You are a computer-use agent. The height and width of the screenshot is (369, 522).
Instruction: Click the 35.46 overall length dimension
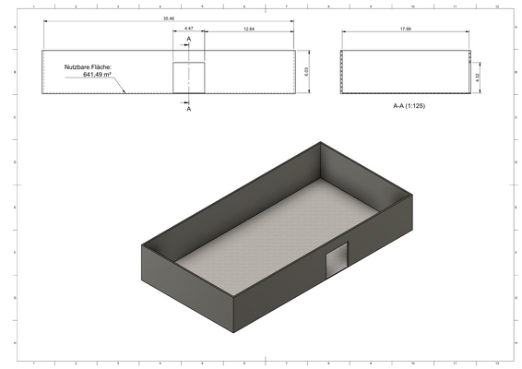[x=167, y=18]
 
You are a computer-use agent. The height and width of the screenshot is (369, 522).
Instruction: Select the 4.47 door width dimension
[x=188, y=29]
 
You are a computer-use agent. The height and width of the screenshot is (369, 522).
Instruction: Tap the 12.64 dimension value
[x=249, y=29]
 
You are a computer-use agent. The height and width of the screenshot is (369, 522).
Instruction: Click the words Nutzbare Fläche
[x=88, y=67]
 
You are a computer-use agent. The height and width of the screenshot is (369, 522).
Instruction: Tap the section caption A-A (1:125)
[x=409, y=106]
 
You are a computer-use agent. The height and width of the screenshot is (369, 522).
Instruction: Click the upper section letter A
[x=189, y=39]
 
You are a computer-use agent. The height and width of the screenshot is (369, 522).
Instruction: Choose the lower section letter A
[x=189, y=108]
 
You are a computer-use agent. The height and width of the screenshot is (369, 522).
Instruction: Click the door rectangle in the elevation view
[x=188, y=77]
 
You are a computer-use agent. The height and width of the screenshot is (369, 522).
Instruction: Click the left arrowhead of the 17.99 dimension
[x=343, y=34]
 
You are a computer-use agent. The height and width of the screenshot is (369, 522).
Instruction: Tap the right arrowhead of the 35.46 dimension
[x=295, y=21]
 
